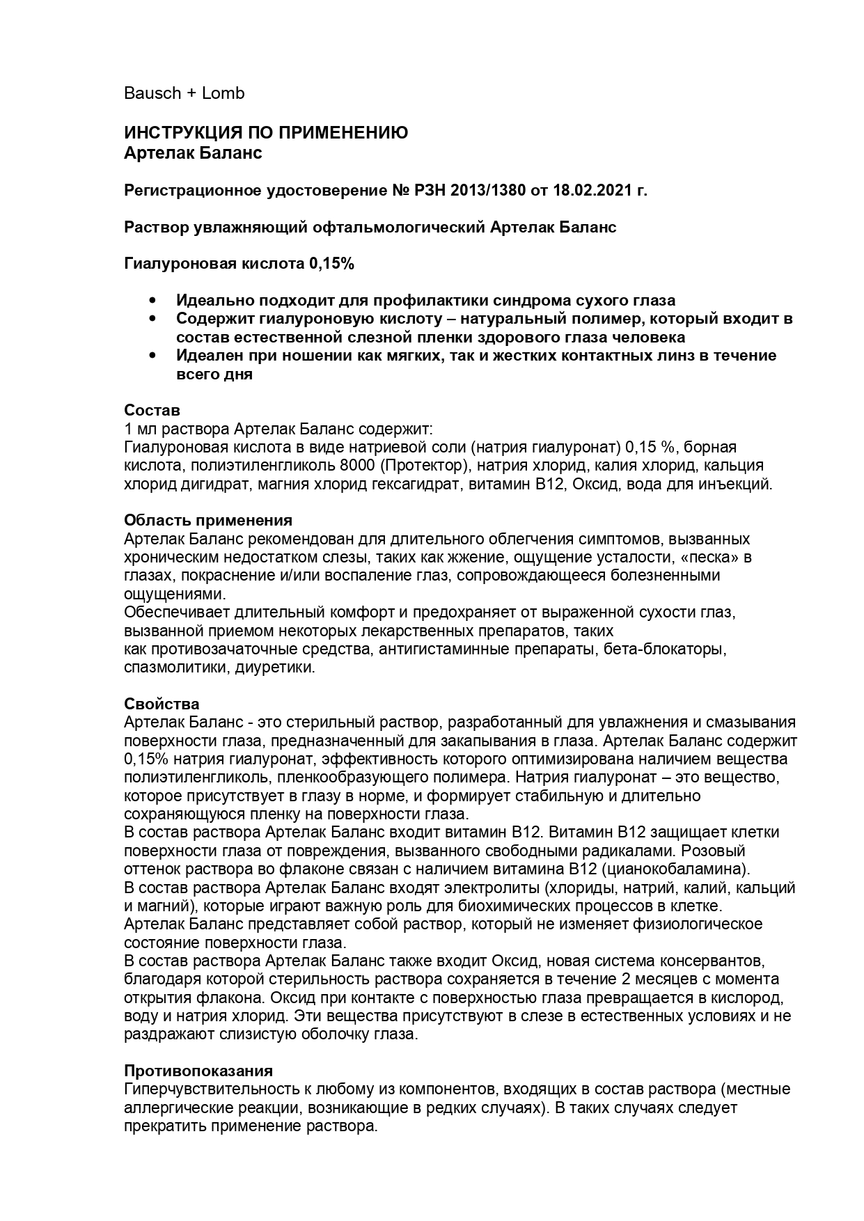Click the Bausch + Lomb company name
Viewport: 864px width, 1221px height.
(x=184, y=93)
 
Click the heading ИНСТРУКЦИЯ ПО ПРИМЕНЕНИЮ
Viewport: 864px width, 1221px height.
(x=266, y=133)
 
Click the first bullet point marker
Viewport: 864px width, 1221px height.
(x=153, y=301)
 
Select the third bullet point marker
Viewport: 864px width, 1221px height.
(x=153, y=356)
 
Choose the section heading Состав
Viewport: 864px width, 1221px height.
(x=152, y=410)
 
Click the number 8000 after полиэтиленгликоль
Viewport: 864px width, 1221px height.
(x=359, y=465)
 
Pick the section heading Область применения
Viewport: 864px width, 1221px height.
(x=208, y=520)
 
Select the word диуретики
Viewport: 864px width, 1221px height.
(x=275, y=667)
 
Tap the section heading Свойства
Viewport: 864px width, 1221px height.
(x=162, y=704)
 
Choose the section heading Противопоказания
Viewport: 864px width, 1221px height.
(x=198, y=1071)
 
